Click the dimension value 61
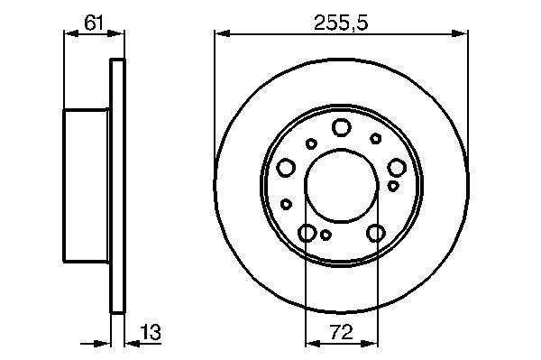tap(94, 23)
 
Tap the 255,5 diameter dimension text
tap(341, 23)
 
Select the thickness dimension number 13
tap(151, 332)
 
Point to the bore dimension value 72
tap(342, 332)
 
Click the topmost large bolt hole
tap(342, 127)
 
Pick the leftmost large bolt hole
tap(286, 168)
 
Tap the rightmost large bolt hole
tap(397, 168)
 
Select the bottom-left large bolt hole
tap(307, 233)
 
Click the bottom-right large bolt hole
tap(376, 233)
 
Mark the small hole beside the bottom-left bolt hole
tap(326, 235)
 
